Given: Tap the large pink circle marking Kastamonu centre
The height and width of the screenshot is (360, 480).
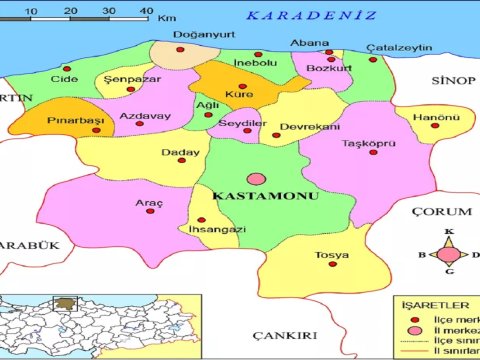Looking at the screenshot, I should point(257,179).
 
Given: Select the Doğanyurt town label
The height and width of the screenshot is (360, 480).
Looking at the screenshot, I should point(197,35).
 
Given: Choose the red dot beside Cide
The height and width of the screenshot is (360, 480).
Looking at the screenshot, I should point(67,69).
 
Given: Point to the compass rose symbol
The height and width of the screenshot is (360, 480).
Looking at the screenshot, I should point(449,253).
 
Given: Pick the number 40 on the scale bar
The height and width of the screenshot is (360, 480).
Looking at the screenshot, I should point(147,10).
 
